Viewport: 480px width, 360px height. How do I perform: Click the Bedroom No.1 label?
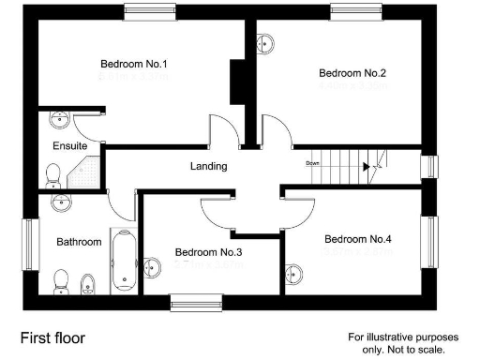(133, 65)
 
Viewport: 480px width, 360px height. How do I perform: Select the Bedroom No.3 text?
(208, 252)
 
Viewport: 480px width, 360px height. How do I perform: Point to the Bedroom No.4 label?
(357, 238)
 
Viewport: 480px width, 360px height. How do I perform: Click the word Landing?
(208, 166)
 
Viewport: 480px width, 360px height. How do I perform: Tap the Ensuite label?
(69, 146)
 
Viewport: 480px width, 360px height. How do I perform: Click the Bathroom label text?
(79, 242)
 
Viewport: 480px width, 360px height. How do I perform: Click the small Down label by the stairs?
(313, 163)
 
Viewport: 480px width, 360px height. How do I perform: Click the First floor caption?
(54, 335)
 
